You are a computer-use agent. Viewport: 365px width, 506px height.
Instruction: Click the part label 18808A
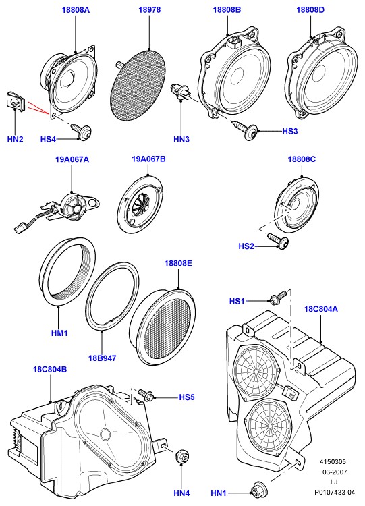(76, 10)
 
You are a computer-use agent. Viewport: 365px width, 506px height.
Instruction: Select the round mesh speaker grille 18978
(138, 83)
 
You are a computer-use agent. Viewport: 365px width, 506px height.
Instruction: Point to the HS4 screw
(81, 131)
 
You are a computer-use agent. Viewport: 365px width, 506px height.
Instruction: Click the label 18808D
(310, 10)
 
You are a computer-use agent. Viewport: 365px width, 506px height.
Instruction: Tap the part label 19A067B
(148, 159)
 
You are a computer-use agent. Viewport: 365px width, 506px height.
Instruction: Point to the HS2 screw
(278, 240)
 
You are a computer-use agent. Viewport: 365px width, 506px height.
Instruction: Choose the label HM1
(59, 333)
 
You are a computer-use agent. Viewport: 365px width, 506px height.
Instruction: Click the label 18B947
(103, 358)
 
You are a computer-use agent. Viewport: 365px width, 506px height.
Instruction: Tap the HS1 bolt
(277, 298)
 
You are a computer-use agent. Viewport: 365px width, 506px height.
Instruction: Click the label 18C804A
(320, 309)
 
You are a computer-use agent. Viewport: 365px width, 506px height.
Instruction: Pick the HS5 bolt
(147, 395)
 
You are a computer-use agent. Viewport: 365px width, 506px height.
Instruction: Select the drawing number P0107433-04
(335, 492)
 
